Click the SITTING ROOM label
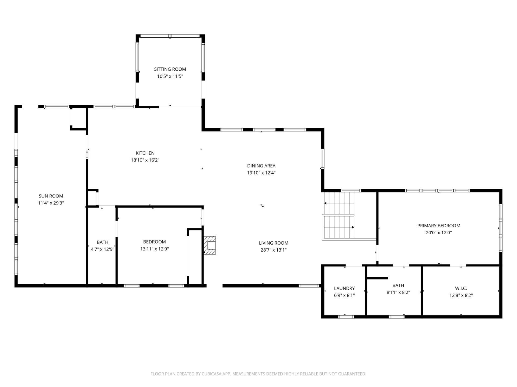tap(170, 69)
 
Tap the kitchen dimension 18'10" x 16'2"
tap(145, 160)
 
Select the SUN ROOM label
tap(51, 196)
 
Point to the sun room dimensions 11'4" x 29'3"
tap(51, 203)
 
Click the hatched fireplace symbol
tap(210, 245)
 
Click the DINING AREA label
tap(261, 166)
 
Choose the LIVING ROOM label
tap(274, 243)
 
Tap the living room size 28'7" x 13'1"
tap(274, 250)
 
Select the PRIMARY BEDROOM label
tap(439, 226)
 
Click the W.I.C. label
tap(461, 288)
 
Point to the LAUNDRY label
tap(344, 288)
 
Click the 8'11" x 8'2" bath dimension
tap(398, 292)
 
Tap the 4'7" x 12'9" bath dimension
tap(103, 249)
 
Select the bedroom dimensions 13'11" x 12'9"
tap(155, 249)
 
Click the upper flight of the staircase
tap(340, 203)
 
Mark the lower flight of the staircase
tap(339, 227)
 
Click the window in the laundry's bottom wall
tap(346, 317)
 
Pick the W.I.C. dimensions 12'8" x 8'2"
tap(461, 295)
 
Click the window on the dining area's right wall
tap(322, 159)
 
